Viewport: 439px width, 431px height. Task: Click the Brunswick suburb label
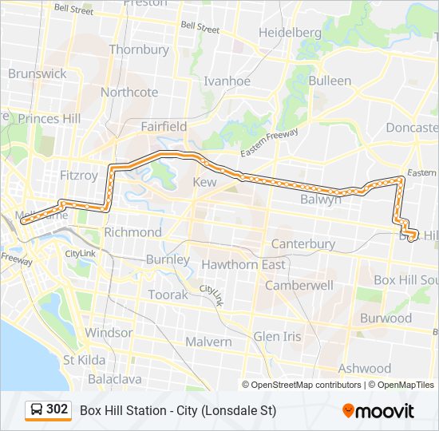(38, 73)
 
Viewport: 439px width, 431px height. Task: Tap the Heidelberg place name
(290, 33)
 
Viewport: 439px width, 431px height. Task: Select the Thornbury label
(139, 49)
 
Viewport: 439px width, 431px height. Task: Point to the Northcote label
(129, 92)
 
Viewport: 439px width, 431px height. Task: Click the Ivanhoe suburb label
(227, 81)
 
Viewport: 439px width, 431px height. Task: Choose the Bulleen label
(330, 81)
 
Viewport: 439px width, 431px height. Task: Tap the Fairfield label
(164, 126)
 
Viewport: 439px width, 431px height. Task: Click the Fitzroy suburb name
(79, 175)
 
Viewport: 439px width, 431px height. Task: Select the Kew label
(205, 183)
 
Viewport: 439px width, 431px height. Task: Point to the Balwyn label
(321, 200)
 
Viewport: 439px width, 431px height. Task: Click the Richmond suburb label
(132, 232)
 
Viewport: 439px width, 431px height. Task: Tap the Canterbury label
(303, 243)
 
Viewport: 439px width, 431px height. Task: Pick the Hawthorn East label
(243, 264)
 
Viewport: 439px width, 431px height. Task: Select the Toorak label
(168, 295)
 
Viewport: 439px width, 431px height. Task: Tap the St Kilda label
(85, 360)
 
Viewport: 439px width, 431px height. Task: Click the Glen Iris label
(278, 337)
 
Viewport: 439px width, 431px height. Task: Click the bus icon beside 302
(37, 410)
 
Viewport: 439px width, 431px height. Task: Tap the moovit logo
(378, 411)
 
